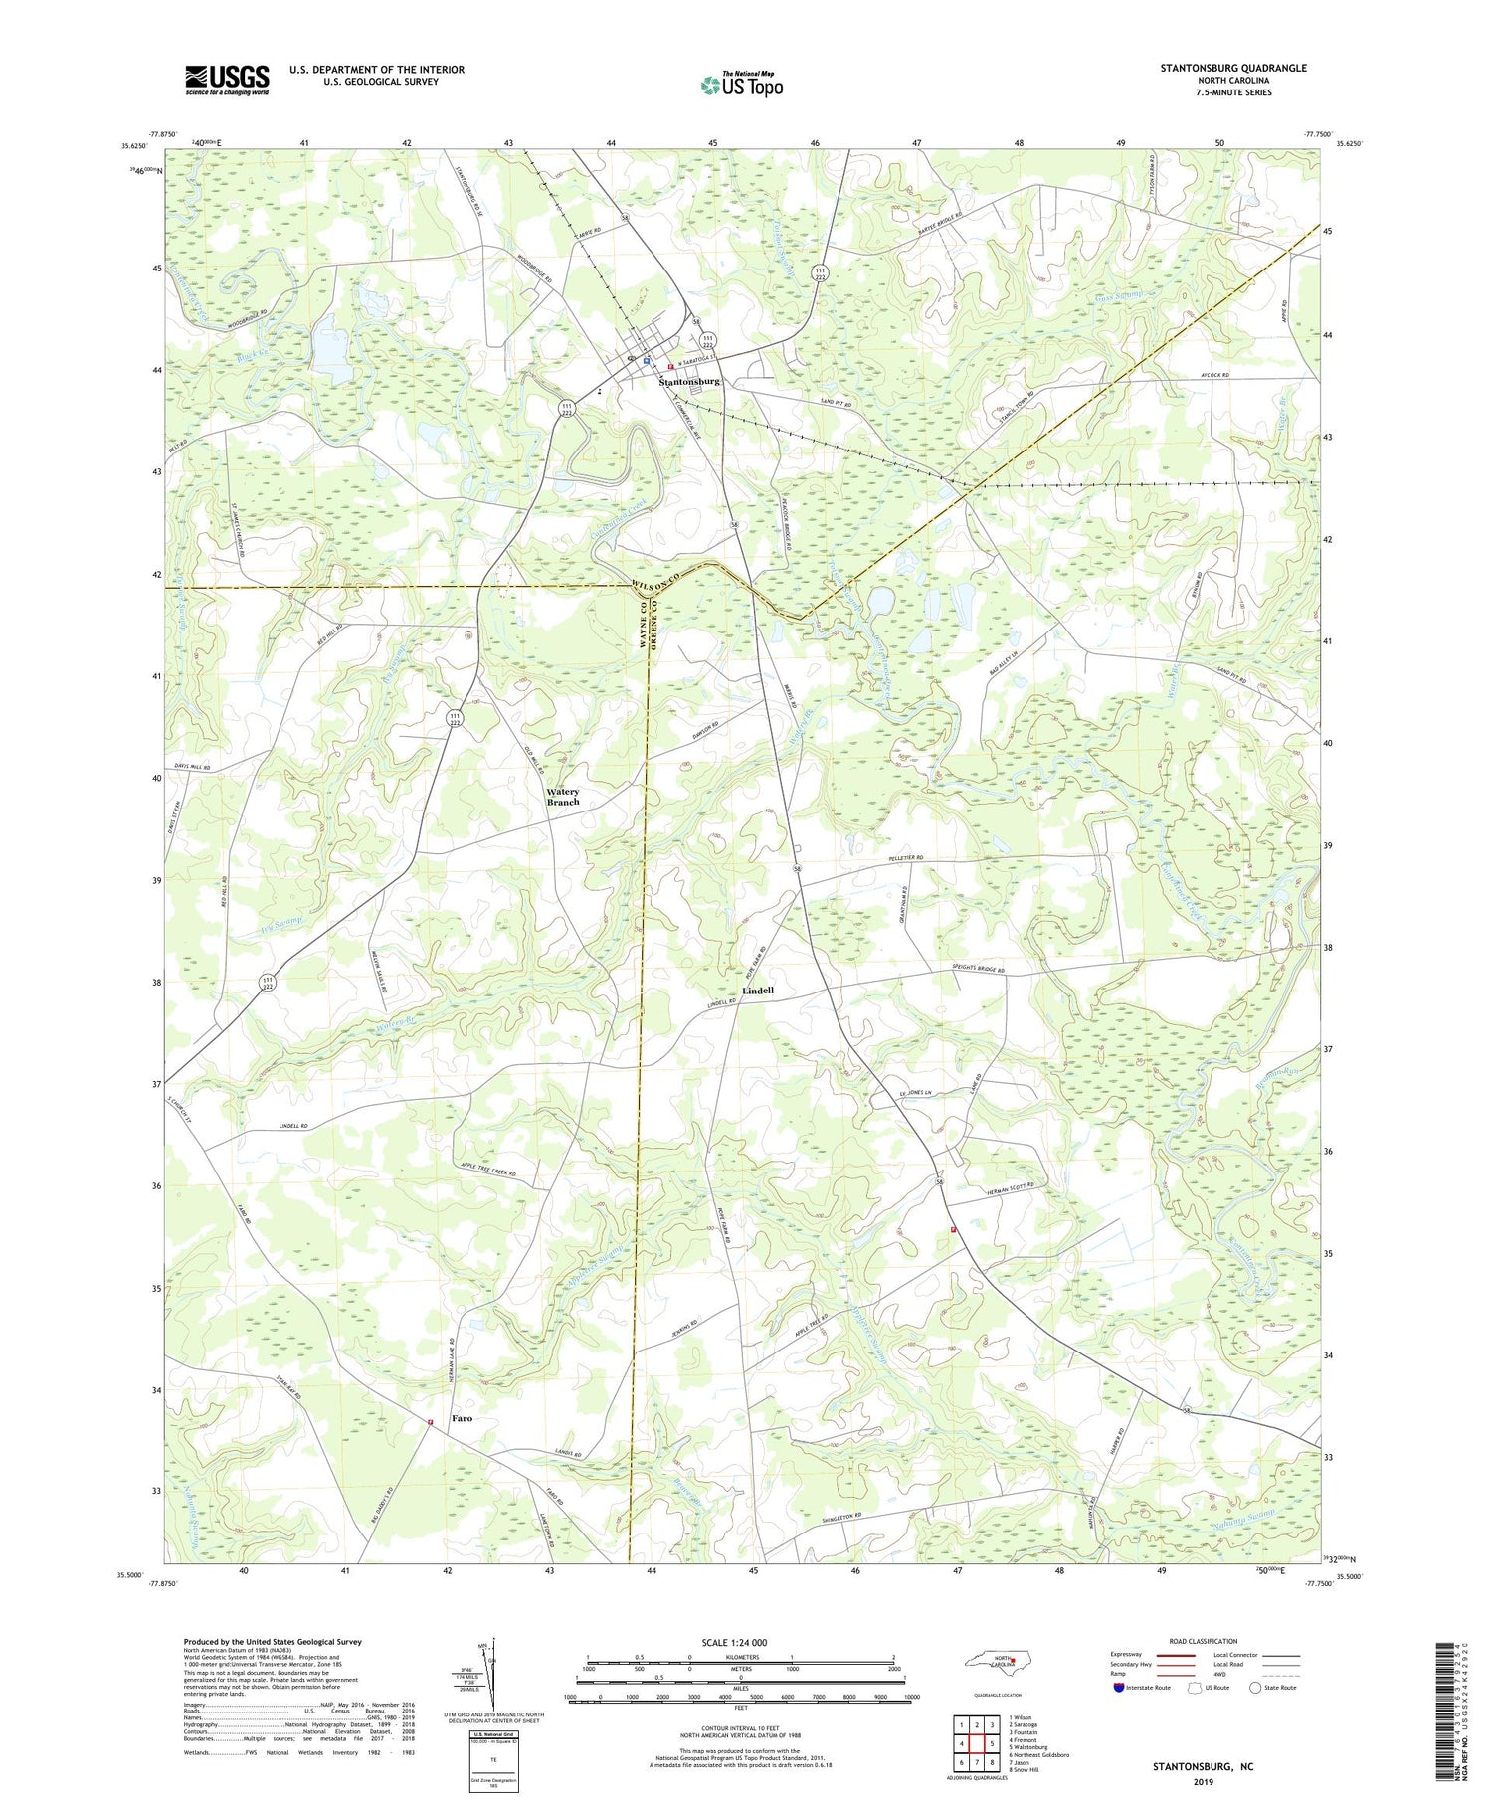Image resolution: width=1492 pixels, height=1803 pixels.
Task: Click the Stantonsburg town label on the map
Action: pos(689,382)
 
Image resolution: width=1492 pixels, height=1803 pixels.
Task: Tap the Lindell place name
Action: pos(758,992)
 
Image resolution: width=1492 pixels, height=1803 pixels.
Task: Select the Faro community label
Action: pos(462,1418)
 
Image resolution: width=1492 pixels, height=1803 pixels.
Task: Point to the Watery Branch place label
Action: pos(563,797)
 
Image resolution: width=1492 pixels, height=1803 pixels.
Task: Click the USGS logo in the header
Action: pos(227,80)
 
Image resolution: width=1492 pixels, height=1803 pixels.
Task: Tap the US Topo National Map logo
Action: pos(741,85)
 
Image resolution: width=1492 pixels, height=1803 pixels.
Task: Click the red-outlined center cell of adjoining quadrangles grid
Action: pos(977,1742)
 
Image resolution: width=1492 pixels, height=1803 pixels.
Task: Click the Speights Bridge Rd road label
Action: pos(976,970)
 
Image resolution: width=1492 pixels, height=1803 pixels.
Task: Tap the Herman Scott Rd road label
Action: pos(1010,1185)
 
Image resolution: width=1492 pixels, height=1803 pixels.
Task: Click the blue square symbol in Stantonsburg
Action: pos(647,362)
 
